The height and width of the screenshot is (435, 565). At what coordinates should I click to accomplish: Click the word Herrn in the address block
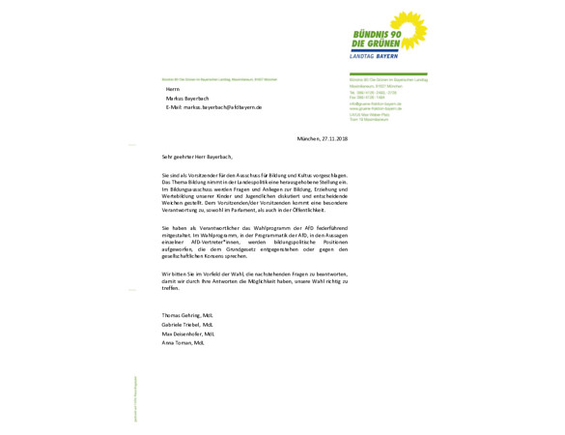(173, 89)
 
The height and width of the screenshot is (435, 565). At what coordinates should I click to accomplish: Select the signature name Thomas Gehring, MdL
(187, 315)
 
